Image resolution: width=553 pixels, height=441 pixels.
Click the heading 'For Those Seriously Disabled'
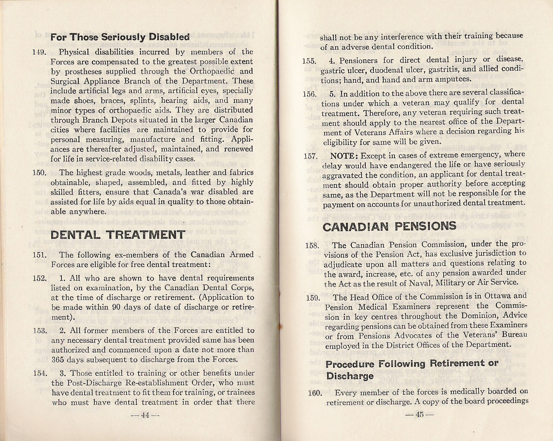(x=120, y=37)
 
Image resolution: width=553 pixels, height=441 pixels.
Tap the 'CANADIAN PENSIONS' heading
(x=389, y=226)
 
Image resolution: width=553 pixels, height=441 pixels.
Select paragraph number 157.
(x=310, y=156)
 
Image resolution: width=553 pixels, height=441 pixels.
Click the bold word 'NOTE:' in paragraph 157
(x=345, y=155)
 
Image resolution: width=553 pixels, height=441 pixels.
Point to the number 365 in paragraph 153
(x=57, y=359)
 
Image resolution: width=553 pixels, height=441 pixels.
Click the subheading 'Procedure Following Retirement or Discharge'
(x=412, y=370)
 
